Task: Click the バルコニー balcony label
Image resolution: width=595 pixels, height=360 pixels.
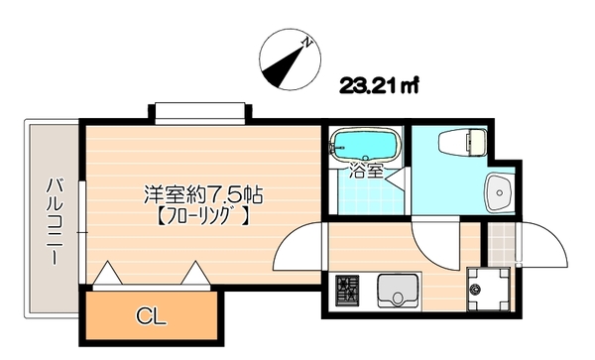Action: pyautogui.click(x=56, y=219)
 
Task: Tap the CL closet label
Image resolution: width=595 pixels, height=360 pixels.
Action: pyautogui.click(x=150, y=316)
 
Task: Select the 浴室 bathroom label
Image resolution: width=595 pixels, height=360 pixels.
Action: pyautogui.click(x=365, y=171)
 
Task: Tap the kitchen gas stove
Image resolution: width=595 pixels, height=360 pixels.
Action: pyautogui.click(x=347, y=290)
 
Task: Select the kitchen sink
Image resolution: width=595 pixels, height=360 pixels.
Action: pyautogui.click(x=399, y=292)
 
